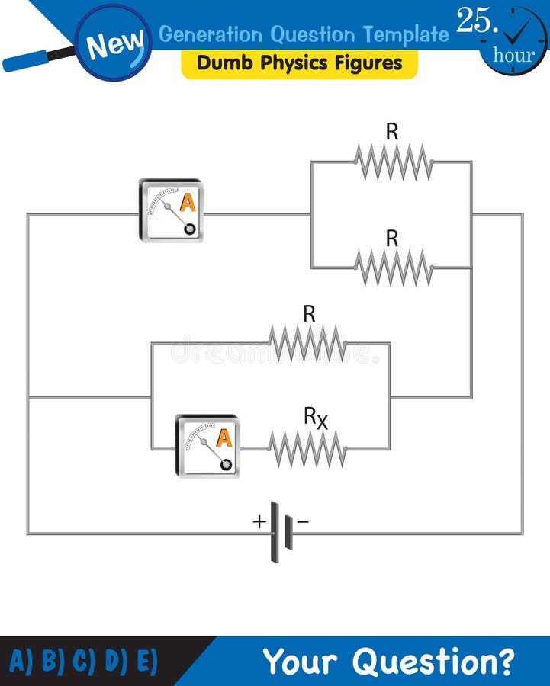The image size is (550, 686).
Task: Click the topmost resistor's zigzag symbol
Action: (x=393, y=162)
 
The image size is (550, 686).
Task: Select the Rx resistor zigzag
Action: (x=307, y=449)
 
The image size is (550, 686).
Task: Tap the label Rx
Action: (x=316, y=418)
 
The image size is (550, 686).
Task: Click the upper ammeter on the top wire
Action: (x=171, y=211)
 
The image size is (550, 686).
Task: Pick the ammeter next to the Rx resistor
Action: (x=207, y=446)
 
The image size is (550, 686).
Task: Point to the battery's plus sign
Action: (x=259, y=521)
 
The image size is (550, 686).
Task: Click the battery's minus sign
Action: (x=303, y=521)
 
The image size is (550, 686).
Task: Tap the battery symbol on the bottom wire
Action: (x=280, y=532)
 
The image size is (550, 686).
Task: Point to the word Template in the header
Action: (x=406, y=34)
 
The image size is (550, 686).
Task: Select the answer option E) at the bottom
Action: (x=146, y=661)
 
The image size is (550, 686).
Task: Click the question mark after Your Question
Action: (x=504, y=661)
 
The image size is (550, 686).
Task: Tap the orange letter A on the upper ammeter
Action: (x=187, y=203)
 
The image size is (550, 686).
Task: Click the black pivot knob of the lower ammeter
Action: (x=226, y=463)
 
